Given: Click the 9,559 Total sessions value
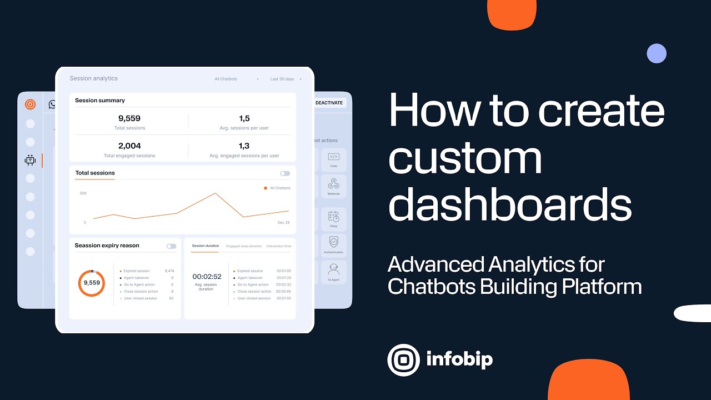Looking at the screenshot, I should tap(129, 118).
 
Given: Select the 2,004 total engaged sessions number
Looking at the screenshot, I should tap(129, 146).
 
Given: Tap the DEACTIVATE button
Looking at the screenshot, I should tap(330, 103).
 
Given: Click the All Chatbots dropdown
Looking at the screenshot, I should tap(237, 79).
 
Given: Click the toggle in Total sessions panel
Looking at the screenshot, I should tap(285, 173).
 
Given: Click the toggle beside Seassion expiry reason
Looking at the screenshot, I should tap(171, 246).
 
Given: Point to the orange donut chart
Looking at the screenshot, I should tap(92, 283).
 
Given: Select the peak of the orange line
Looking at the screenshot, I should tap(215, 193).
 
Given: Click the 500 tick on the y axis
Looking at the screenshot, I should tap(83, 193).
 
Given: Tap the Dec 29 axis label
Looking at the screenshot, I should tap(283, 223).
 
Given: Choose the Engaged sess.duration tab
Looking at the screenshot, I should tap(244, 246).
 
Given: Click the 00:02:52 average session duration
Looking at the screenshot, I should tap(207, 277).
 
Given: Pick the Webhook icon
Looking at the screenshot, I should tap(333, 184).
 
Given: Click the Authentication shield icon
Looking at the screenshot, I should tap(333, 242).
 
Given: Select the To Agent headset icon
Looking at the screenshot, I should tap(333, 269).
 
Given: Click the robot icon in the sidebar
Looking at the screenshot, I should tap(31, 161).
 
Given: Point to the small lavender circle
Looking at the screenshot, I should tap(657, 53).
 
